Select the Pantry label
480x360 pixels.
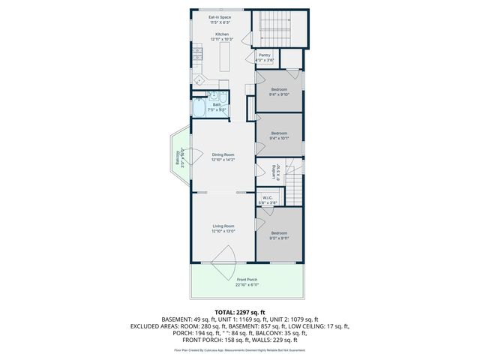pyautogui.click(x=264, y=57)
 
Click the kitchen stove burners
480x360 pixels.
pyautogui.click(x=198, y=52)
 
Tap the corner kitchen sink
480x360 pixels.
pyautogui.click(x=199, y=80)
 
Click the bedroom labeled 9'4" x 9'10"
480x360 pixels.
pyautogui.click(x=279, y=91)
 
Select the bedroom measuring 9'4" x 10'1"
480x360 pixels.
pyautogui.click(x=279, y=136)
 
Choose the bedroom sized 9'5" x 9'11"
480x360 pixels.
pyautogui.click(x=279, y=235)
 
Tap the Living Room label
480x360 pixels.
pyautogui.click(x=223, y=229)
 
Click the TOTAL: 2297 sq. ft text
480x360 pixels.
pyautogui.click(x=240, y=312)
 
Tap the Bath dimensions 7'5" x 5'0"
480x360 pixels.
pyautogui.click(x=217, y=109)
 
